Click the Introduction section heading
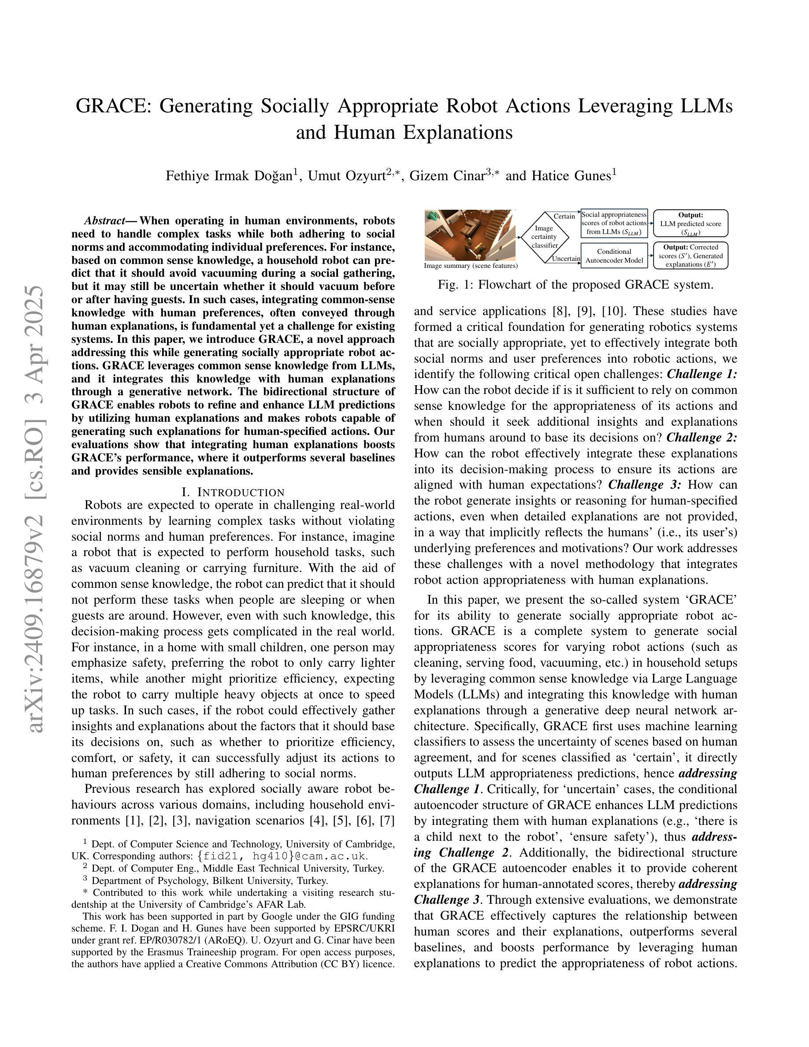(233, 492)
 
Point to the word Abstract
(104, 221)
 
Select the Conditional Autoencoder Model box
(614, 256)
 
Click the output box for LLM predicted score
(690, 223)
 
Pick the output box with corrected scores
(690, 256)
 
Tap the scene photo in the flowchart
(470, 235)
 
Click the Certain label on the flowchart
(564, 216)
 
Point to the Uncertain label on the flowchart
(566, 258)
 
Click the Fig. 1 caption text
(575, 285)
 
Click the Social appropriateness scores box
(614, 223)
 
